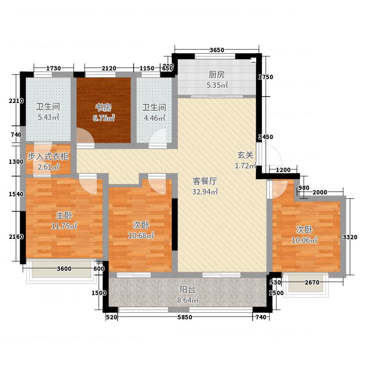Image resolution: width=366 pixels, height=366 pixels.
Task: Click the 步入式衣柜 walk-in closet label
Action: pyautogui.click(x=48, y=156)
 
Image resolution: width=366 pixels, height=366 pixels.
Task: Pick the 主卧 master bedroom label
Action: pyautogui.click(x=64, y=215)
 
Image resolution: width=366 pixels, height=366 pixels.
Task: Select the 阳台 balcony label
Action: pyautogui.click(x=188, y=290)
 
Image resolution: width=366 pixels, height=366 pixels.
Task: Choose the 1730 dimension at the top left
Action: pyautogui.click(x=54, y=68)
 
